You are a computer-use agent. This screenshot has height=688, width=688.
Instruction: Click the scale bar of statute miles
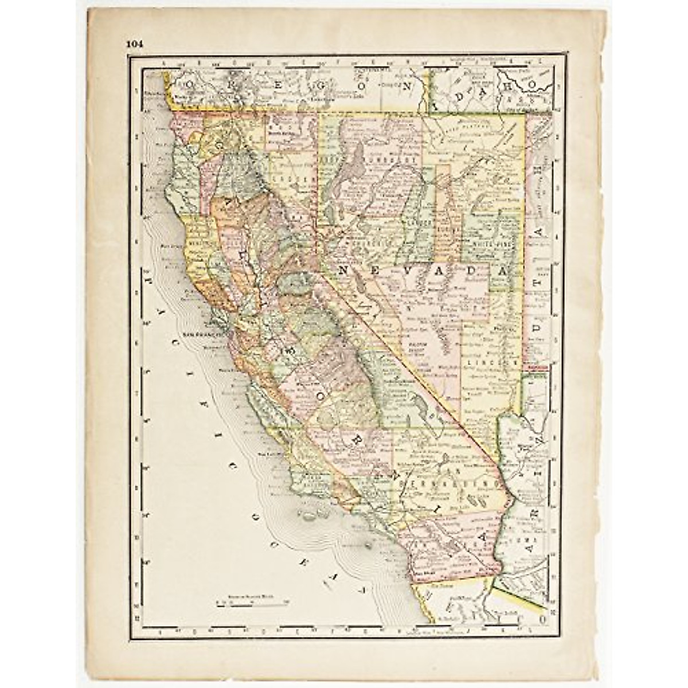[x=252, y=602]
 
